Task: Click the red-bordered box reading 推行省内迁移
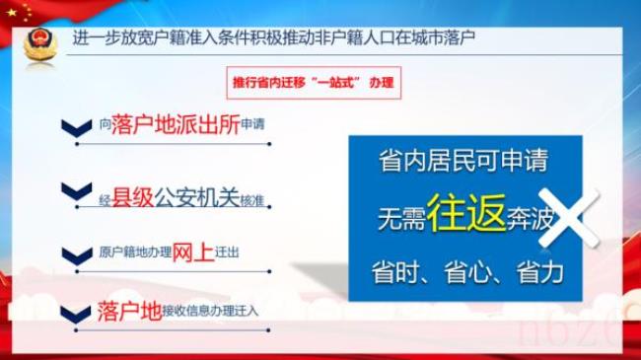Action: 312,83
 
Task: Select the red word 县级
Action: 132,196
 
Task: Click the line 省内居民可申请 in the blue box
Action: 463,161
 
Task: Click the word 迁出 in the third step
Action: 226,253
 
